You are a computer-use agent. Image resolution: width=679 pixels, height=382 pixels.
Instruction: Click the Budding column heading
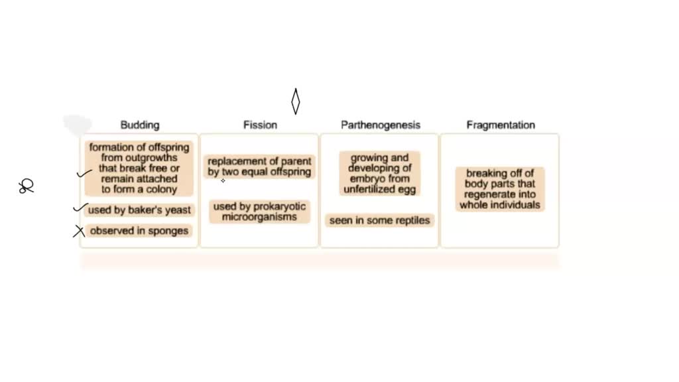click(x=139, y=125)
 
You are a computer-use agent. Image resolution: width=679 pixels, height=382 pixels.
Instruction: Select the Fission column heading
click(x=260, y=125)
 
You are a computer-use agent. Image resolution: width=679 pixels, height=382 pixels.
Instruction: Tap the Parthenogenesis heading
click(x=381, y=125)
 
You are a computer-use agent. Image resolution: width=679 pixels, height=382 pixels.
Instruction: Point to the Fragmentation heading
click(x=501, y=125)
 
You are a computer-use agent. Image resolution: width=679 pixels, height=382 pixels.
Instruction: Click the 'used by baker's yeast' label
click(x=139, y=210)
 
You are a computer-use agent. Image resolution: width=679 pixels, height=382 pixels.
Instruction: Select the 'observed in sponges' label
click(x=139, y=231)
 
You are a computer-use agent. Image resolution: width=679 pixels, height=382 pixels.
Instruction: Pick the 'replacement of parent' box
click(x=259, y=166)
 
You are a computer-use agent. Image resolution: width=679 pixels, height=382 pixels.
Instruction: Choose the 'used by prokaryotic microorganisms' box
click(x=259, y=212)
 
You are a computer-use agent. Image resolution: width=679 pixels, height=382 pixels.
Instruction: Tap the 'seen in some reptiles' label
click(x=380, y=220)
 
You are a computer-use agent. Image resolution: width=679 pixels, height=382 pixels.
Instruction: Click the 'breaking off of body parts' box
click(x=500, y=189)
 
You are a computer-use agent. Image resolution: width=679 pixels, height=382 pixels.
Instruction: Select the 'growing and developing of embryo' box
click(x=380, y=174)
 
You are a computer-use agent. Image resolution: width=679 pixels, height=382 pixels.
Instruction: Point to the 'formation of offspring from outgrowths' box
click(x=139, y=168)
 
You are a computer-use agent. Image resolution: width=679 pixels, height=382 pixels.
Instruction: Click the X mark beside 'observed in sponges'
click(x=80, y=231)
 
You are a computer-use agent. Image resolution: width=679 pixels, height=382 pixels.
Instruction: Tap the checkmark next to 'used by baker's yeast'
click(x=80, y=209)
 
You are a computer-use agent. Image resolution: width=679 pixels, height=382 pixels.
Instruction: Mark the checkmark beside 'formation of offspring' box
click(x=84, y=174)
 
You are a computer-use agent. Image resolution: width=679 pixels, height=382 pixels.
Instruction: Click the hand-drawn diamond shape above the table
click(x=296, y=101)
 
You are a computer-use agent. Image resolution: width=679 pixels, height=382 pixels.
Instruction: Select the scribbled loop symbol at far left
click(x=27, y=187)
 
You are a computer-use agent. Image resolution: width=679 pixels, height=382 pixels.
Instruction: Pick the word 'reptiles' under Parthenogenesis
click(x=412, y=220)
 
